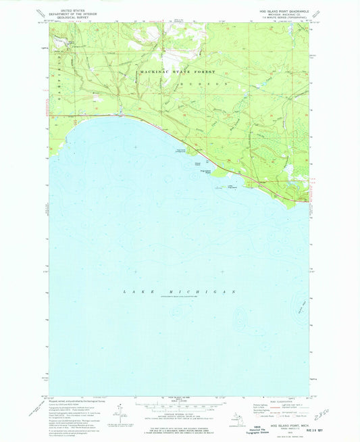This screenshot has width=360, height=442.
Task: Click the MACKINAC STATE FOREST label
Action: (x=177, y=72)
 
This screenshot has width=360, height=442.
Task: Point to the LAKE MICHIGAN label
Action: (x=179, y=291)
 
